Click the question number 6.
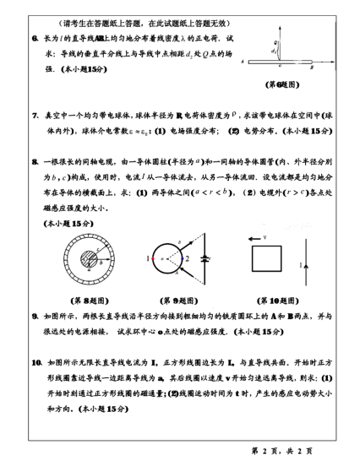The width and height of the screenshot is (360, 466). (x=35, y=38)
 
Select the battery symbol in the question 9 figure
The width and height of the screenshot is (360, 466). (x=202, y=258)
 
